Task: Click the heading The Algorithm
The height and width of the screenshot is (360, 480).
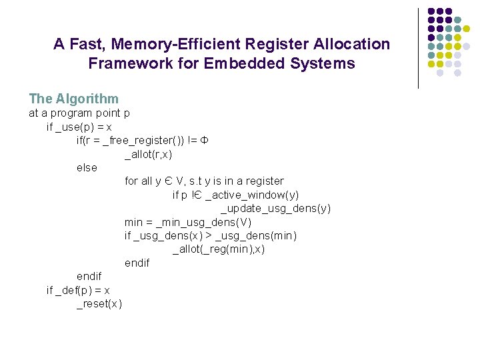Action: (x=73, y=99)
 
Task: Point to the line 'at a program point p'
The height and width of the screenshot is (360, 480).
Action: (x=79, y=113)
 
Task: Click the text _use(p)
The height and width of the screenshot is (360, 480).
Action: (x=77, y=127)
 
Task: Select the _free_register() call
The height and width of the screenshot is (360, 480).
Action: (x=143, y=141)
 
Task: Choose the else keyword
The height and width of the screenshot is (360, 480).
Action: (x=87, y=168)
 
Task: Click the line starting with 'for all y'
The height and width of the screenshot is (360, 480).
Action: (x=204, y=181)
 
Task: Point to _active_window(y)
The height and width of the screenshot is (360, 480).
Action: (x=253, y=195)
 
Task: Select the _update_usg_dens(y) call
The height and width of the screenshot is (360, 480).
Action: (x=275, y=209)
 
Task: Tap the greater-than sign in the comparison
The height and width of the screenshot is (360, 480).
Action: (x=209, y=236)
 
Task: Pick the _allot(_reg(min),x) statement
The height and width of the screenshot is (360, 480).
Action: (x=219, y=249)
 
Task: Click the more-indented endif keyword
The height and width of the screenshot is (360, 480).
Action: (x=137, y=263)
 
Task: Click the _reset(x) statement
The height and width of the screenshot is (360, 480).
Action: (x=99, y=304)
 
